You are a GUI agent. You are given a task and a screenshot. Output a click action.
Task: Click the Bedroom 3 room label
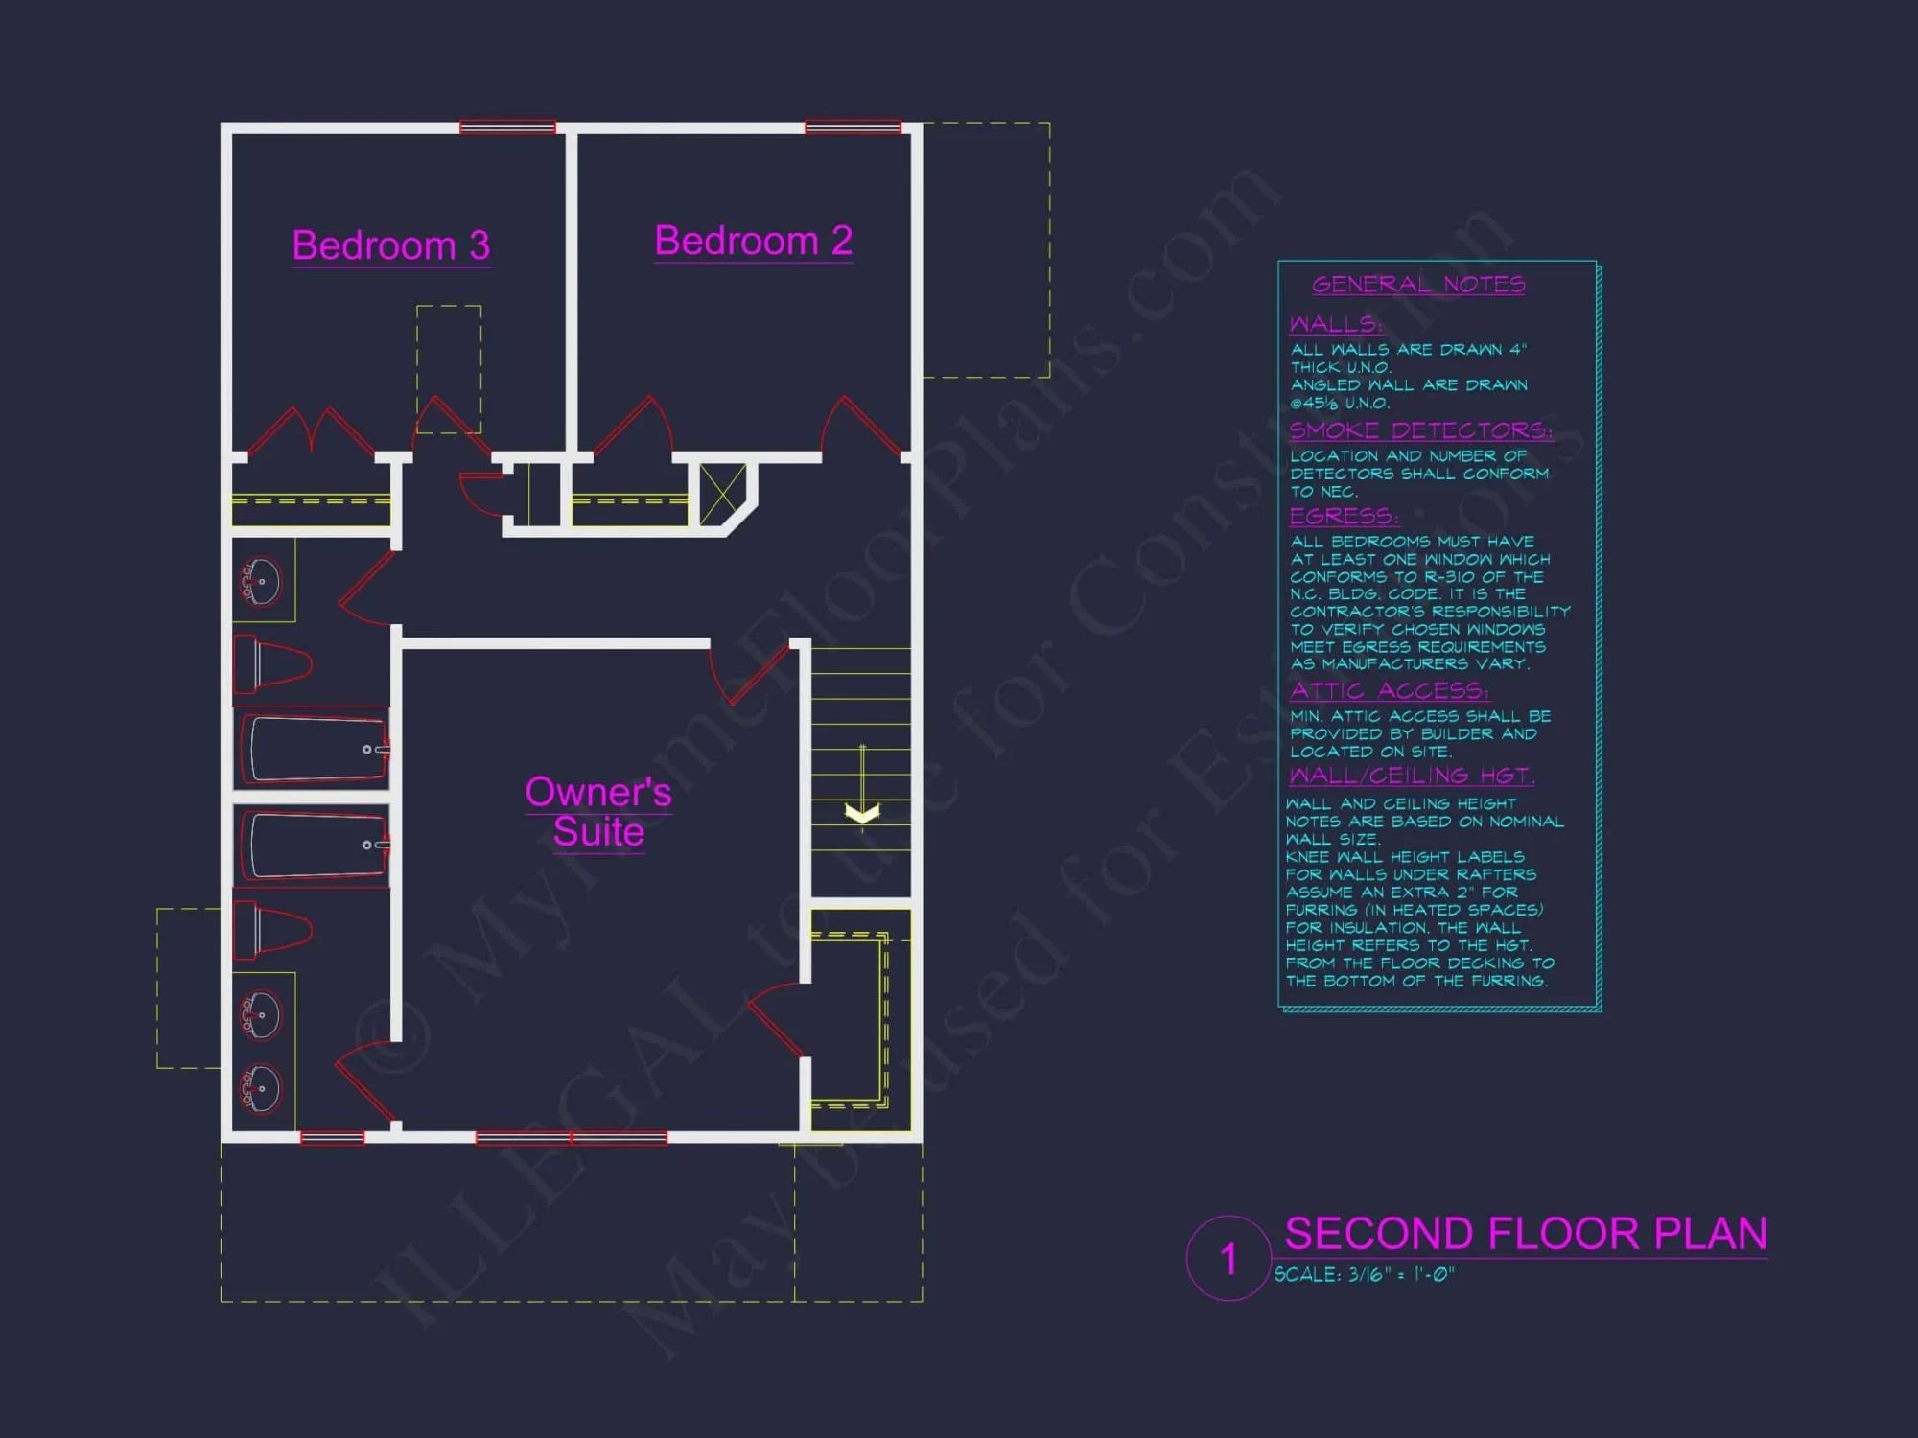(390, 245)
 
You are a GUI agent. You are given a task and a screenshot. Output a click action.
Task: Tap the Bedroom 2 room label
(753, 241)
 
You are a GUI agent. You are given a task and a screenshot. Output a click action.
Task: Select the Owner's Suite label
(598, 812)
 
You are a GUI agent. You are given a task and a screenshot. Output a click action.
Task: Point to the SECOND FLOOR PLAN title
(1525, 1234)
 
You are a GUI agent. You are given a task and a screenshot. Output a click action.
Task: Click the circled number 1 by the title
(1228, 1259)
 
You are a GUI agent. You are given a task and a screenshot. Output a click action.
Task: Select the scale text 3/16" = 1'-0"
(1364, 1275)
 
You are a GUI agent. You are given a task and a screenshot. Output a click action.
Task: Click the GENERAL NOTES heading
(1418, 284)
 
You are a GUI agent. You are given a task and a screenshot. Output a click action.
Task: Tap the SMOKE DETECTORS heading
(1419, 429)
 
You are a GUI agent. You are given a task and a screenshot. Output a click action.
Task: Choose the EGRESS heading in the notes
(1344, 516)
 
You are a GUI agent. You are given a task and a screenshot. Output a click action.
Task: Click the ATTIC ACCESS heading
(1389, 690)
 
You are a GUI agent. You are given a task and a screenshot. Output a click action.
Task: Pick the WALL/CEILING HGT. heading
(1411, 775)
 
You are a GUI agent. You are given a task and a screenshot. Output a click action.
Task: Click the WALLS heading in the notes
(1335, 324)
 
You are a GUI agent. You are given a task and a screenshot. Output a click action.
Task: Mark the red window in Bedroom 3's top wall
(507, 128)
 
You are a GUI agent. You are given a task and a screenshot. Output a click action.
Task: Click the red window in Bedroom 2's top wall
(853, 128)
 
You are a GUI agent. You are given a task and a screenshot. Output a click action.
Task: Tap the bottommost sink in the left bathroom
(260, 1089)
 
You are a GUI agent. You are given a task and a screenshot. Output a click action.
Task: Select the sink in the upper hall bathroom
(260, 580)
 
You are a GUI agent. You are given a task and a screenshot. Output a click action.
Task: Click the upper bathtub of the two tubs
(315, 749)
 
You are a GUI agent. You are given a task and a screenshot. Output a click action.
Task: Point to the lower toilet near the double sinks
(273, 929)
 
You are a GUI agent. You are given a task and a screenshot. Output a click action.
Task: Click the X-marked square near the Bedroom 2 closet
(722, 495)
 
